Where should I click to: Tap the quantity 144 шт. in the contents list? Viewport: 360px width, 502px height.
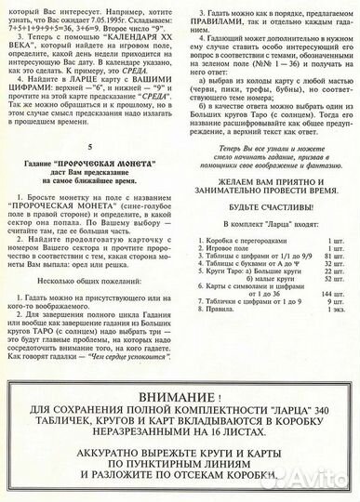tap(334, 319)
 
